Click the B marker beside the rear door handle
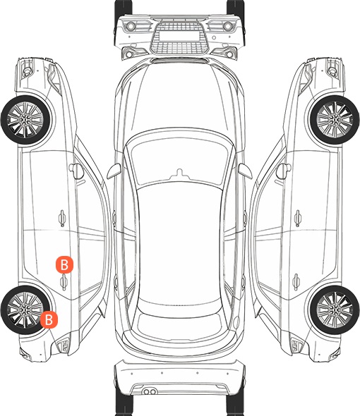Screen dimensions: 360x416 click(64, 264)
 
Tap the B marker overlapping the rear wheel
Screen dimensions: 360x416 click(49, 319)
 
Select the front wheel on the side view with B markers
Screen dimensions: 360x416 click(25, 120)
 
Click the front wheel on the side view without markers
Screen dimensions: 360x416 click(335, 120)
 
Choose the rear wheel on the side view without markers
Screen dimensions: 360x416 click(335, 310)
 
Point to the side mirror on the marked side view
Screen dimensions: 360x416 click(76, 171)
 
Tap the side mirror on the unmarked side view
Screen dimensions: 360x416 click(283, 171)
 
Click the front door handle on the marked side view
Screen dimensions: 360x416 click(62, 218)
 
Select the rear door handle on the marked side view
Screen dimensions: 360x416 click(64, 282)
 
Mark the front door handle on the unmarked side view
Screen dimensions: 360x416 click(298, 218)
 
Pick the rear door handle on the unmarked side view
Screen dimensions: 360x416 click(296, 282)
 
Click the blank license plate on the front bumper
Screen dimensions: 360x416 click(179, 36)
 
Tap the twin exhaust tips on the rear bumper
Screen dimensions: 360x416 click(150, 391)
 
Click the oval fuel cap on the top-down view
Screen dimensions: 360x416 click(236, 322)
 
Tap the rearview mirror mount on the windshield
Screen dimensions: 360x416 click(180, 173)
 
